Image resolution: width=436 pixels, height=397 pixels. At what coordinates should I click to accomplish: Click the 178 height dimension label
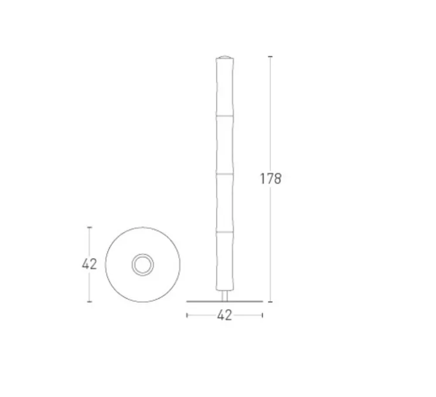pos(271,179)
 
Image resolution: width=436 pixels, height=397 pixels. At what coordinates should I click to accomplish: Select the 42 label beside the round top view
pos(89,264)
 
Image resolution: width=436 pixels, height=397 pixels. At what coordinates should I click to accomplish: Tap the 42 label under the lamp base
pos(224,316)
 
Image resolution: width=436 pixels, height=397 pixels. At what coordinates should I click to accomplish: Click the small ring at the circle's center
pos(142,265)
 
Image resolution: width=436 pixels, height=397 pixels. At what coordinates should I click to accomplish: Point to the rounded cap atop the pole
pos(224,57)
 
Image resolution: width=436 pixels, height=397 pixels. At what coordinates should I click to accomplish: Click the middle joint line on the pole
pos(224,174)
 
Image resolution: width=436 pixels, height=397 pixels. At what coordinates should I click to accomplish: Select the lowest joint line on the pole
pos(224,232)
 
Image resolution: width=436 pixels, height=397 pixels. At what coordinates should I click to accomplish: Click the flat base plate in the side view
pos(224,302)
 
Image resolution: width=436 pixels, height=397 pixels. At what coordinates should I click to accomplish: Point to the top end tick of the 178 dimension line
pos(270,56)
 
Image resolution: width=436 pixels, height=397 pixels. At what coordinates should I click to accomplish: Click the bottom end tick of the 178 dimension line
pos(270,302)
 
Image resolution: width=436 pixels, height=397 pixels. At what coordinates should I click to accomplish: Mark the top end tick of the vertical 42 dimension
pos(89,227)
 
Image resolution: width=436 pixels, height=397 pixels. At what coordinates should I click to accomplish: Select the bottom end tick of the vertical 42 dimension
pos(89,302)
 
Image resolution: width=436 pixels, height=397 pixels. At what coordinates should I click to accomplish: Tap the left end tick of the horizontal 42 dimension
pos(187,315)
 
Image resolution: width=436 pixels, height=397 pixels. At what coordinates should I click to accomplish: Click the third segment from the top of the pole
pos(224,203)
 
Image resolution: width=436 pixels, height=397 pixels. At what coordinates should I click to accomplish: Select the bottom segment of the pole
pos(224,261)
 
